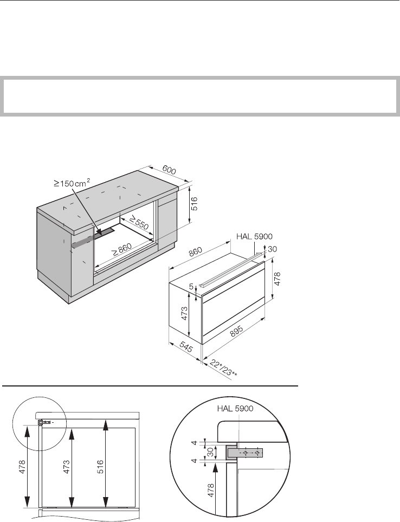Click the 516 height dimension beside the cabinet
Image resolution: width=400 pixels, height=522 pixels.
(194, 204)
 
